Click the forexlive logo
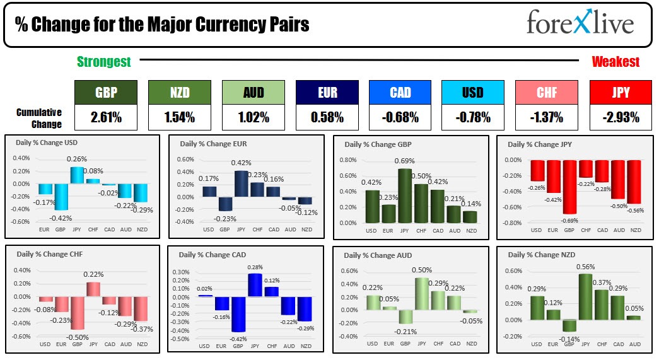click(x=580, y=24)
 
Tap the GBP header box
click(x=106, y=92)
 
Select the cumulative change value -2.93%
click(x=621, y=117)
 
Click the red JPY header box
click(x=621, y=92)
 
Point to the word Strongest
click(x=104, y=61)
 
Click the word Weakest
click(x=615, y=61)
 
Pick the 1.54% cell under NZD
click(x=179, y=117)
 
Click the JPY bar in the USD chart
click(x=77, y=175)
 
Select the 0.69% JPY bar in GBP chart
click(x=405, y=195)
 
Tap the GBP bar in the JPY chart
click(x=569, y=187)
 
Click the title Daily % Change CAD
click(x=213, y=255)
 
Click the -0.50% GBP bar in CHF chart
click(x=77, y=313)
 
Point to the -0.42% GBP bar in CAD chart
click(x=238, y=314)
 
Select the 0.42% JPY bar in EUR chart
click(x=242, y=183)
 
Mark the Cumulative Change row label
click(x=39, y=118)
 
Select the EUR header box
click(x=327, y=92)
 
